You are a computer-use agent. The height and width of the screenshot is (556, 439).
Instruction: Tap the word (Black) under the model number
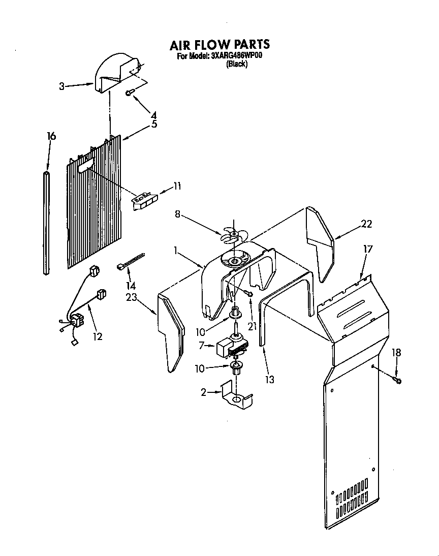236,65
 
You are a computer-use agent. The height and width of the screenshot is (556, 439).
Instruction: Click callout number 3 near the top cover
61,86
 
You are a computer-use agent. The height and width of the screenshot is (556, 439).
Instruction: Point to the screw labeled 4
131,92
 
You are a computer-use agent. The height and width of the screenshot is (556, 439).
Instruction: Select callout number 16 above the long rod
51,136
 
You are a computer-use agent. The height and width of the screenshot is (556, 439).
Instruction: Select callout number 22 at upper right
367,224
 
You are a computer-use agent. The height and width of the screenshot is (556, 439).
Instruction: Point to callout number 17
368,250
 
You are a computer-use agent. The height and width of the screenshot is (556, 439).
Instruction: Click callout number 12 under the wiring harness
98,336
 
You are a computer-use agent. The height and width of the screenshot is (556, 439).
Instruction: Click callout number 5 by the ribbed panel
154,124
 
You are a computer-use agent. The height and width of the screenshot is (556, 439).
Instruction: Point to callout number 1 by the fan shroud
176,251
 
